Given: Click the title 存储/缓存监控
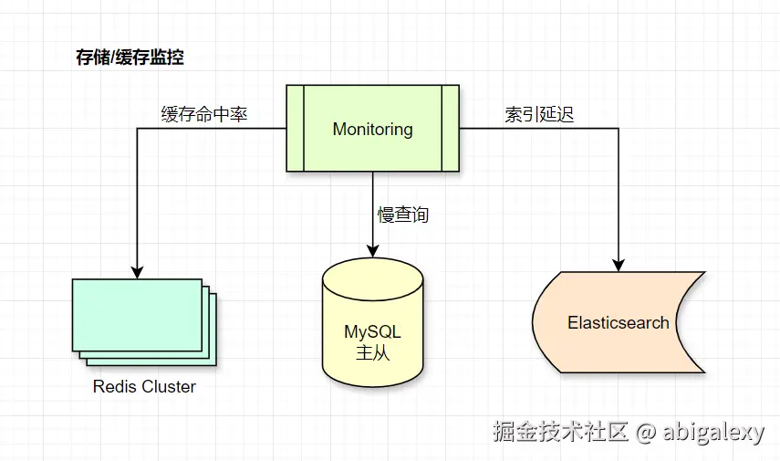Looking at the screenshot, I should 129,58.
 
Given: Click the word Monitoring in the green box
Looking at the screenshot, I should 372,129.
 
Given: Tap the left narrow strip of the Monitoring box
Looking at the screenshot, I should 294,129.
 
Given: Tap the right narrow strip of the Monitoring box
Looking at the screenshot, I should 450,129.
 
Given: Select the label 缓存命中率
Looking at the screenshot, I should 204,115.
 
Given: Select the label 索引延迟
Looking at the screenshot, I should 539,115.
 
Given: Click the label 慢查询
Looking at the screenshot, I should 403,215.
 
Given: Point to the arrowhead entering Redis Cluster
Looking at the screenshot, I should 137,271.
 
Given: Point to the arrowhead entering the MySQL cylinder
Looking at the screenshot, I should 372,249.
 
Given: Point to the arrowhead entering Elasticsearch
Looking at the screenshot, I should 619,264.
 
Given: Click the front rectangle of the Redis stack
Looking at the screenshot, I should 137,314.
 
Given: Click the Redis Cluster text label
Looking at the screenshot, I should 144,387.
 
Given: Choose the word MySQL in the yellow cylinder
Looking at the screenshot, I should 372,331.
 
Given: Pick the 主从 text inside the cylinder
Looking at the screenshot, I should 372,353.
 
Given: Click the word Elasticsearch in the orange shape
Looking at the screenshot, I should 618,323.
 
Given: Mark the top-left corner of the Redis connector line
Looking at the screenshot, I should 137,129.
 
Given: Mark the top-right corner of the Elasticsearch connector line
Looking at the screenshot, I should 619,129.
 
